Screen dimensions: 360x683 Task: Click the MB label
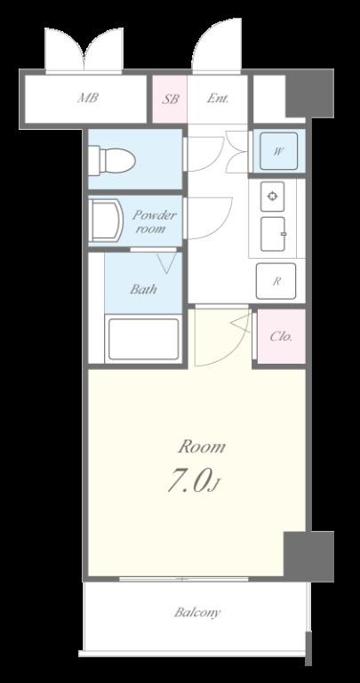click(87, 98)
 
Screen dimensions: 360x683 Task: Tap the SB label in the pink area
click(170, 99)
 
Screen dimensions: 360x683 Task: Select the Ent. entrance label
click(217, 99)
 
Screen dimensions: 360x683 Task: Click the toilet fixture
click(112, 160)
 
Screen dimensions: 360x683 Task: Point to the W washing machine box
click(278, 151)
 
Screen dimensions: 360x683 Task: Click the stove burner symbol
click(273, 197)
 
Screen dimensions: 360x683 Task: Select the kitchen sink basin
click(273, 234)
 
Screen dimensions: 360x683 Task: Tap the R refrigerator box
click(276, 281)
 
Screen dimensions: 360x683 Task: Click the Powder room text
click(154, 221)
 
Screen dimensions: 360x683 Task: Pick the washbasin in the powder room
click(106, 220)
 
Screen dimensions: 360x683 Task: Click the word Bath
click(143, 289)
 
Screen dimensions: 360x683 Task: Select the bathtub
click(143, 339)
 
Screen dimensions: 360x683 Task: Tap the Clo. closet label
click(281, 336)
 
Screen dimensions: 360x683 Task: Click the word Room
click(202, 446)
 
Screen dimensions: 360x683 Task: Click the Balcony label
click(197, 613)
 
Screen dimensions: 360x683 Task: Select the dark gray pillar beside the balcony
click(308, 556)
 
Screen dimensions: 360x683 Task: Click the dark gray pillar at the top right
click(309, 93)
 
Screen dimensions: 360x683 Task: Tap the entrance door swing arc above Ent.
click(216, 44)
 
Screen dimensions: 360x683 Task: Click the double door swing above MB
click(84, 49)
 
